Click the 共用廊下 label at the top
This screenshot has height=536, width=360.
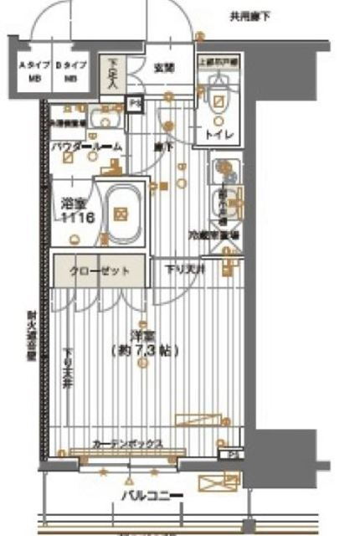[256, 17]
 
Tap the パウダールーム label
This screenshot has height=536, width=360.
[86, 147]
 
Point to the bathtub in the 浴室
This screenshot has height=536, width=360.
[121, 214]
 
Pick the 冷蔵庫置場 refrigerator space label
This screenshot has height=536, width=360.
[216, 236]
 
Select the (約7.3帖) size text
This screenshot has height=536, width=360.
[143, 351]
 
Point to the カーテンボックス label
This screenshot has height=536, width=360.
[127, 444]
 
